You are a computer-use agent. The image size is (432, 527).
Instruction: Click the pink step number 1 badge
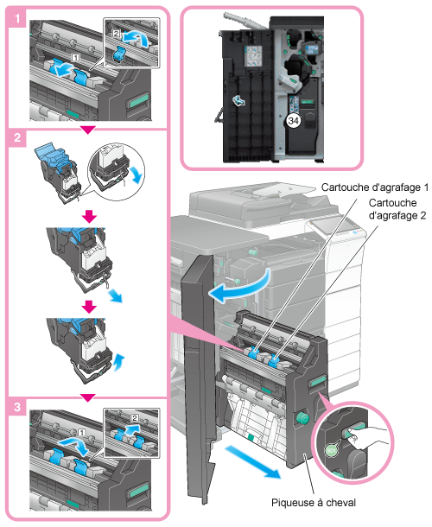point(16,18)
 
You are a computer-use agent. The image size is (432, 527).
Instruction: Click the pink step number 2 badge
point(16,138)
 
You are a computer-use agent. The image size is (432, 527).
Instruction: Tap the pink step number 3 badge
point(16,407)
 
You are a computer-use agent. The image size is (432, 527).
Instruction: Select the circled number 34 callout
point(294,121)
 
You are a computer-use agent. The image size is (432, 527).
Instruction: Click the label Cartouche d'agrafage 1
point(375,187)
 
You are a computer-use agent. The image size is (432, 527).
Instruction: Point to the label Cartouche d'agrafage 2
point(397,209)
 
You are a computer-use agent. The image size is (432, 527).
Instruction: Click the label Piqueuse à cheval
point(314,503)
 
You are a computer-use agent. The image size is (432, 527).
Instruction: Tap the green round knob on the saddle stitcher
point(302,418)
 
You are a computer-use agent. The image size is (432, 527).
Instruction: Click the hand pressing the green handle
point(368,438)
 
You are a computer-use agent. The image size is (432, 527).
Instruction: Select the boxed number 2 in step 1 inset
point(116,34)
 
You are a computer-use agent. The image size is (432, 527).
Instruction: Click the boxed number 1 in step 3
point(81,433)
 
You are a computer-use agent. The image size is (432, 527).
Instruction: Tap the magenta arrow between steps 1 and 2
point(88,130)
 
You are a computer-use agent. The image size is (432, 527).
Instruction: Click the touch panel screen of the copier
point(334,224)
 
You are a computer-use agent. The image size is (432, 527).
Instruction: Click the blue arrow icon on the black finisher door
point(238,100)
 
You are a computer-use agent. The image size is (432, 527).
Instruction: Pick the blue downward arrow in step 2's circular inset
point(136,175)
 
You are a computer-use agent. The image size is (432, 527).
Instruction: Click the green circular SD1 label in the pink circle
point(332,451)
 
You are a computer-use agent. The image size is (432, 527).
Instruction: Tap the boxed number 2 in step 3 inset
point(135,418)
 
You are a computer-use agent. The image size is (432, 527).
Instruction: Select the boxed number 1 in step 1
point(76,58)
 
